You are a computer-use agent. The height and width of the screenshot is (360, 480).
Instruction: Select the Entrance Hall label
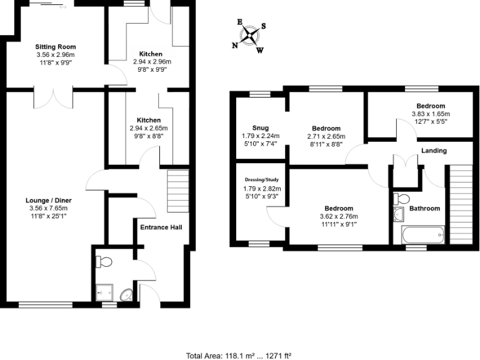(x=161, y=227)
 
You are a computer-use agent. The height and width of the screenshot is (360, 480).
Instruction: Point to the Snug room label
(x=261, y=127)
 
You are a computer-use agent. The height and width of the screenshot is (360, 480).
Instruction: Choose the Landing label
(x=434, y=151)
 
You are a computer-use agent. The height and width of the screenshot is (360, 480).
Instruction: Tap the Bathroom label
(x=424, y=208)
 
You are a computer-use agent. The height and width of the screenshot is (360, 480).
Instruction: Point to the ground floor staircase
(x=177, y=191)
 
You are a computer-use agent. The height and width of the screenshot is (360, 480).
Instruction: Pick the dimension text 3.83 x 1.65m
(x=431, y=114)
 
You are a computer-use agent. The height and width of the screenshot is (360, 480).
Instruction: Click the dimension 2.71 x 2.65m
(x=326, y=136)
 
